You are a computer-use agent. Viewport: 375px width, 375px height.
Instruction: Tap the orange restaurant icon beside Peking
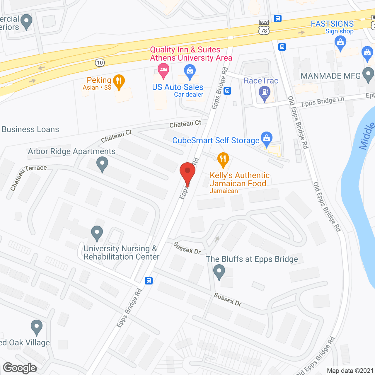point(119,81)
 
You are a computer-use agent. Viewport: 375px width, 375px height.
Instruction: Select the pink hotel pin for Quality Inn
point(163,71)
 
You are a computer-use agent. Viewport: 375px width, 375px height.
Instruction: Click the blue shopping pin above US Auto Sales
point(190,71)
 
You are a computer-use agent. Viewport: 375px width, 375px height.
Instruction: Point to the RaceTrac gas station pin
point(265,93)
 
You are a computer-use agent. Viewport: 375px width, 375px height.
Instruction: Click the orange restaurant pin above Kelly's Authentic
point(223,160)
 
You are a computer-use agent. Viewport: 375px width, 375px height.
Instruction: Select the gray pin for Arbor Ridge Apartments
point(102,164)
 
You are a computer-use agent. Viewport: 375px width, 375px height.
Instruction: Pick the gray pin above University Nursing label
point(97,233)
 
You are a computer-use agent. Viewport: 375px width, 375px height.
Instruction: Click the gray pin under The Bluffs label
point(219,271)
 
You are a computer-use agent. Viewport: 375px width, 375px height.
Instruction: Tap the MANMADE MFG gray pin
point(368,74)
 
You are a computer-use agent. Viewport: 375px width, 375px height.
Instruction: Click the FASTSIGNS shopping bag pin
point(340,42)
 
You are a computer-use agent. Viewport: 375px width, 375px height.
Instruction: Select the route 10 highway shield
point(100,62)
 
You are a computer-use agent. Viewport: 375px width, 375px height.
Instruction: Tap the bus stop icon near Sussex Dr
point(149,281)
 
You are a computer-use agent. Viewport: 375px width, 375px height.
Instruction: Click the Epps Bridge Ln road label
point(323,102)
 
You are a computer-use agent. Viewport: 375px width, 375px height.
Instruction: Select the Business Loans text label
point(30,129)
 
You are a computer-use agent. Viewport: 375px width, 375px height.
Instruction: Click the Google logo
point(20,368)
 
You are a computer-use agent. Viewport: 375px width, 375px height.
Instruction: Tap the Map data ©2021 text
point(350,371)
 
